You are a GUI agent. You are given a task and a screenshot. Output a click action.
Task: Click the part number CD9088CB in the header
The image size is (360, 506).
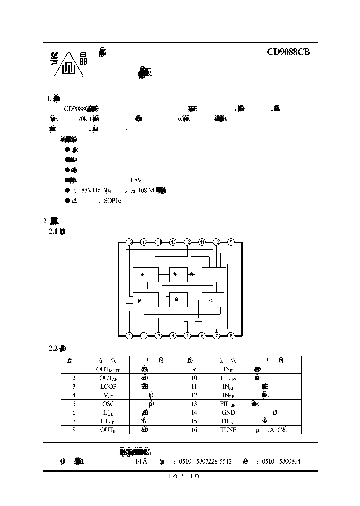pos(292,51)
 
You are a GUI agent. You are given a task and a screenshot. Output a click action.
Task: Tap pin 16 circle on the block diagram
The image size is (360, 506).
pos(129,242)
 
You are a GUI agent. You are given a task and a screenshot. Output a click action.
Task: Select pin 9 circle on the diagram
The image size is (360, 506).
pos(231,242)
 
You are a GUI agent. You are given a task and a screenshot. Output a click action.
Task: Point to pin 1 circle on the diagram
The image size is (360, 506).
pos(129,336)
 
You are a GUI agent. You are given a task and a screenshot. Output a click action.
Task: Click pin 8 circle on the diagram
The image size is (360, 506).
pos(231,336)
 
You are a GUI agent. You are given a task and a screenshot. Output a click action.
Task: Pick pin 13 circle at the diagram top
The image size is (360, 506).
pos(173,242)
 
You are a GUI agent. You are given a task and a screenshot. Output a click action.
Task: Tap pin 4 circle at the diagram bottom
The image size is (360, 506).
pos(173,336)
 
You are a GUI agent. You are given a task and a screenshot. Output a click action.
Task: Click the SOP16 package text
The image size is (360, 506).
pos(112,200)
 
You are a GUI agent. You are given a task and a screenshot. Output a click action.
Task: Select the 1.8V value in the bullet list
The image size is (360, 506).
pos(136,180)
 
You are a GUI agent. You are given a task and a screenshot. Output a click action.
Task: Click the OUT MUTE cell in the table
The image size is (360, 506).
pos(109,369)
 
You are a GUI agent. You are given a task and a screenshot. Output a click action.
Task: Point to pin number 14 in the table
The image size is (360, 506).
pos(194,412)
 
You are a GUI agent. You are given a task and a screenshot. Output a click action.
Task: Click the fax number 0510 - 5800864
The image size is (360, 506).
pos(281,462)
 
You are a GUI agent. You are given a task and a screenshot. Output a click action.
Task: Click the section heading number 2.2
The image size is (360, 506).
pos(54,347)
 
